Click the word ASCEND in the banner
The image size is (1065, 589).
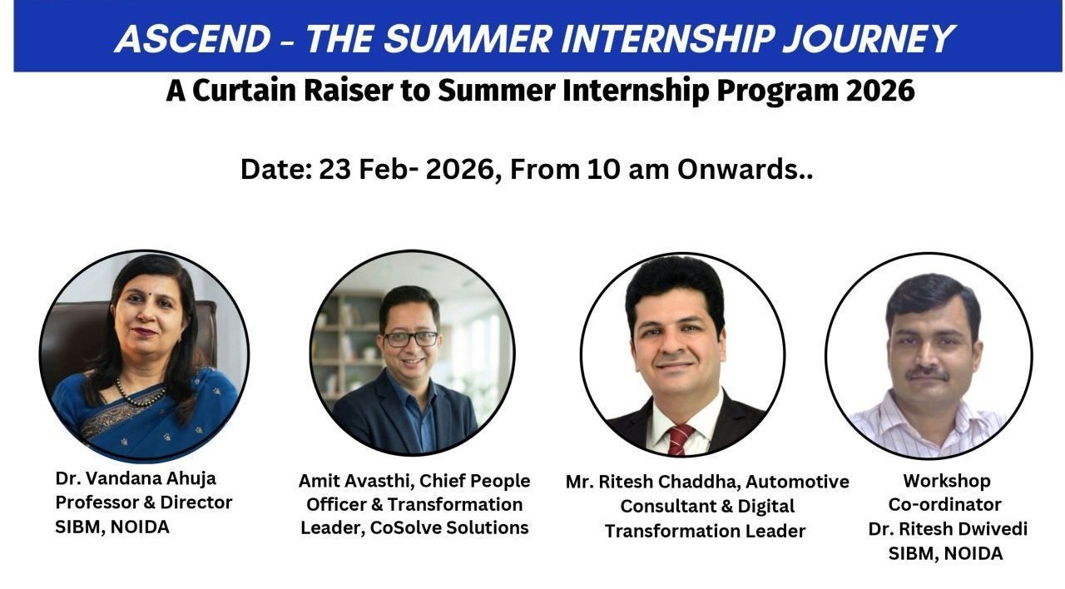pyautogui.click(x=193, y=39)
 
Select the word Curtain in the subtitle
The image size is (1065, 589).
pyautogui.click(x=244, y=91)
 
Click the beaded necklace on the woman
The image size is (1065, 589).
pyautogui.click(x=140, y=393)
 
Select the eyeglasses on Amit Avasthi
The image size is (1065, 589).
pyautogui.click(x=410, y=339)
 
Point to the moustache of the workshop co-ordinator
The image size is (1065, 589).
pyautogui.click(x=928, y=374)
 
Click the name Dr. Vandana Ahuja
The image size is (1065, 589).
pyautogui.click(x=136, y=478)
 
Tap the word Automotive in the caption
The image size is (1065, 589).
pyautogui.click(x=797, y=482)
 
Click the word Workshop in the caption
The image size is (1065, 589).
pyautogui.click(x=947, y=481)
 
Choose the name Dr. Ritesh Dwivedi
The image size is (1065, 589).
pyautogui.click(x=948, y=528)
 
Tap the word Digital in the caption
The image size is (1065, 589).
pyautogui.click(x=766, y=507)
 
